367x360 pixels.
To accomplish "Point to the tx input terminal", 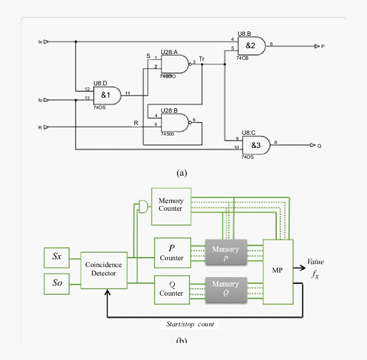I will pyautogui.click(x=46, y=42).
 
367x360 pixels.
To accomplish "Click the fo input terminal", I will pyautogui.click(x=46, y=101).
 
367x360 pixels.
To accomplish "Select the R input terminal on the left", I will pyautogui.click(x=46, y=127).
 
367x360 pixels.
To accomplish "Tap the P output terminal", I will pyautogui.click(x=317, y=46).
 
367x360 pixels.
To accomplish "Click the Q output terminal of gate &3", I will pyautogui.click(x=313, y=145).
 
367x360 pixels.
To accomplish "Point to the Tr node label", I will pyautogui.click(x=201, y=58).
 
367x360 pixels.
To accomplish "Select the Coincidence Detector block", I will pyautogui.click(x=104, y=270).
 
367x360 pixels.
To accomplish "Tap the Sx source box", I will pyautogui.click(x=57, y=257).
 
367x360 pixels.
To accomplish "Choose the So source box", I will pyautogui.click(x=57, y=282).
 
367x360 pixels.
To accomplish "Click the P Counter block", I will pyautogui.click(x=172, y=253).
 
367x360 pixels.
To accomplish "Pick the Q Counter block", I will pyautogui.click(x=172, y=289).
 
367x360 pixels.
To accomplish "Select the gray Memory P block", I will pyautogui.click(x=226, y=253).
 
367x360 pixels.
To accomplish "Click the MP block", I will pyautogui.click(x=278, y=271).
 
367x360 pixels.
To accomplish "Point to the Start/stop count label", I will pyautogui.click(x=190, y=324).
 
